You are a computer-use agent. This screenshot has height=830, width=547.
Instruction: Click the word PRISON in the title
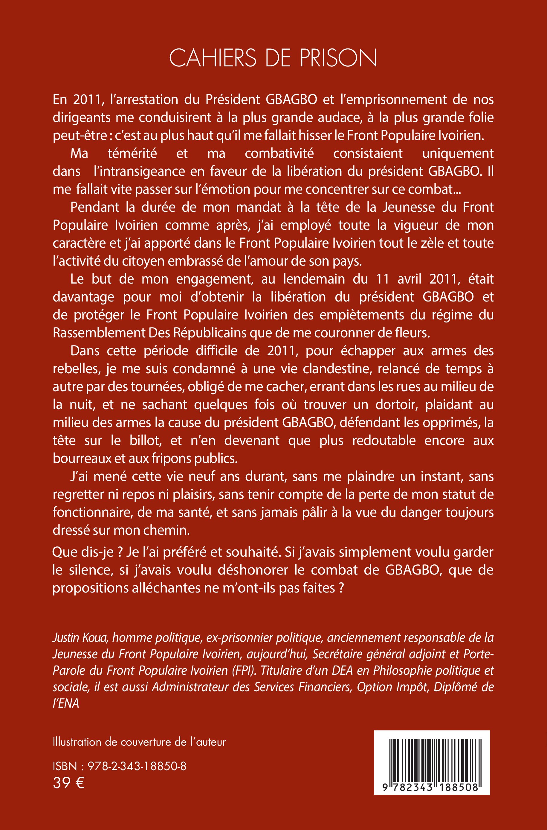tap(338, 58)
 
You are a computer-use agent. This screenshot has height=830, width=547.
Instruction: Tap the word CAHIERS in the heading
tap(213, 58)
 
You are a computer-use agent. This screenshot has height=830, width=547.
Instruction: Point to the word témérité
tap(132, 153)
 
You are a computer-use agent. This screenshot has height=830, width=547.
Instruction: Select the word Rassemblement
tap(99, 333)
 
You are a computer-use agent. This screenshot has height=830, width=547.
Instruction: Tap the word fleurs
tap(412, 333)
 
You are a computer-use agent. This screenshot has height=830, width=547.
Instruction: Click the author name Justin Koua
tap(79, 638)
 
